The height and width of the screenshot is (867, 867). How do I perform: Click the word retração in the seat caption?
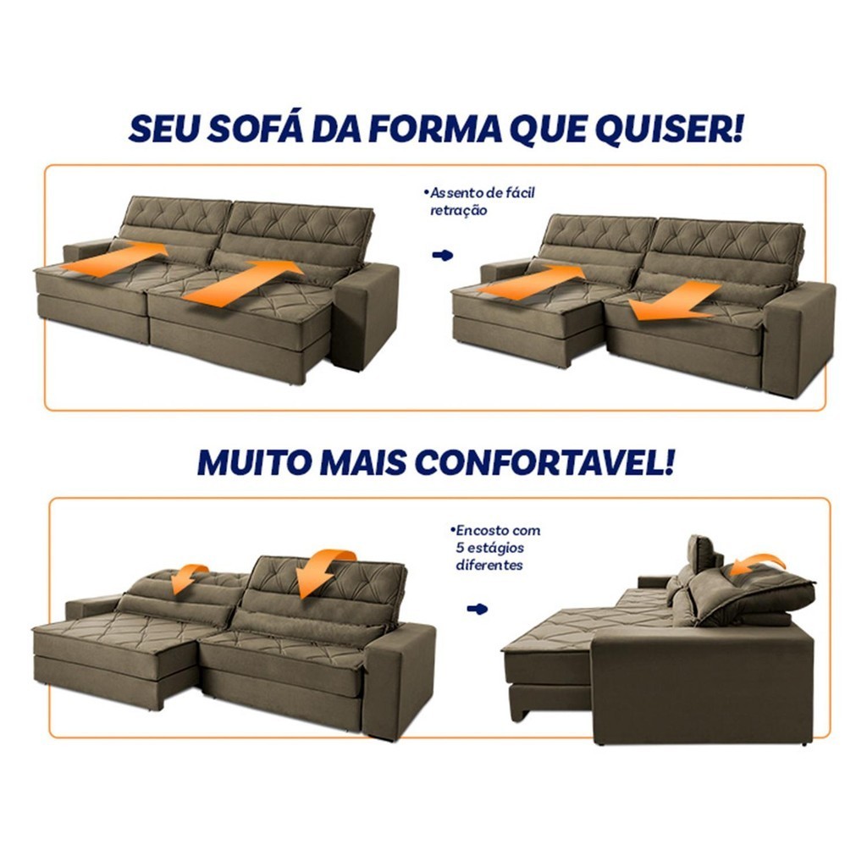458,211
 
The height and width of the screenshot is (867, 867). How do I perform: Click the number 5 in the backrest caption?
460,548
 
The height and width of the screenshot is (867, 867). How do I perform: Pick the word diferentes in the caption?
489,565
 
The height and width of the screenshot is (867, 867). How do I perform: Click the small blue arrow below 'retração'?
442,255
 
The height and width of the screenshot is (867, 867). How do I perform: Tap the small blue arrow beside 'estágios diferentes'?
478,609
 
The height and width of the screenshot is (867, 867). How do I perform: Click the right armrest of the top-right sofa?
799,337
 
